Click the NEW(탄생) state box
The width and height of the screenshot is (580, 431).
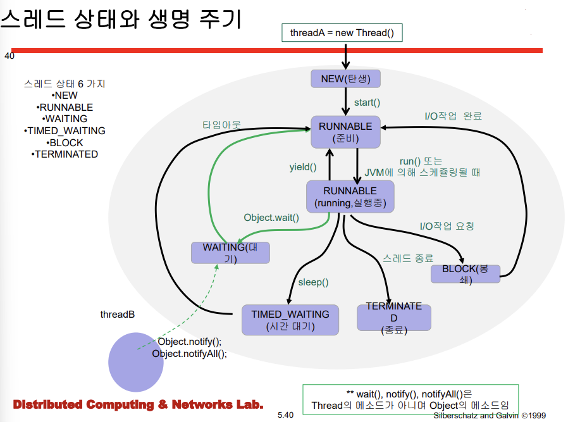345,78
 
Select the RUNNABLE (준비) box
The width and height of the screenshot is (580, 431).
345,132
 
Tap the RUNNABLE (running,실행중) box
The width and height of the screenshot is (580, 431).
350,197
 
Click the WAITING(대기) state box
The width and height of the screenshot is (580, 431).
230,253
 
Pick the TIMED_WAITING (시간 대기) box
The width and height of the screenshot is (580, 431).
290,320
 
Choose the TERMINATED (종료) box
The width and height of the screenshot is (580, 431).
393,318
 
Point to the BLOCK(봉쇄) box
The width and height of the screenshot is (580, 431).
466,274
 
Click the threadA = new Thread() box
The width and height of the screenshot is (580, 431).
342,32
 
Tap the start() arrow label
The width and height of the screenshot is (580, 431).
367,102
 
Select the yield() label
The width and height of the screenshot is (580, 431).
302,167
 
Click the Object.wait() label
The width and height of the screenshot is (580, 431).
271,217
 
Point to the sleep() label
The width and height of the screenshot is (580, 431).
313,282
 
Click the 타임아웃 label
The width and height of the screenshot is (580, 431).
221,125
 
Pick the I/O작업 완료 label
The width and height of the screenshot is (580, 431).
453,116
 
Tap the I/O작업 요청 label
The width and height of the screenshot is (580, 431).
447,226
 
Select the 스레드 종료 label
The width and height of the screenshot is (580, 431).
408,258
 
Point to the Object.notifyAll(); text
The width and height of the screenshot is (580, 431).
189,354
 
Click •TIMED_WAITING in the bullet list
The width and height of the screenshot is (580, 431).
65,130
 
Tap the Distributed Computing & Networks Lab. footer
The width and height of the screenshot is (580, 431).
138,404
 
